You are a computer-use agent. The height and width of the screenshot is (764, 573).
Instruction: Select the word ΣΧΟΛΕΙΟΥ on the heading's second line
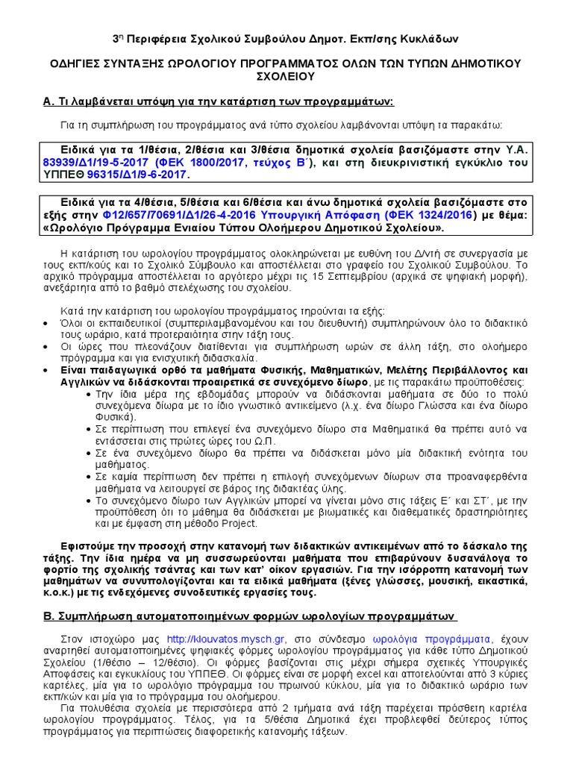pyautogui.click(x=286, y=77)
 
